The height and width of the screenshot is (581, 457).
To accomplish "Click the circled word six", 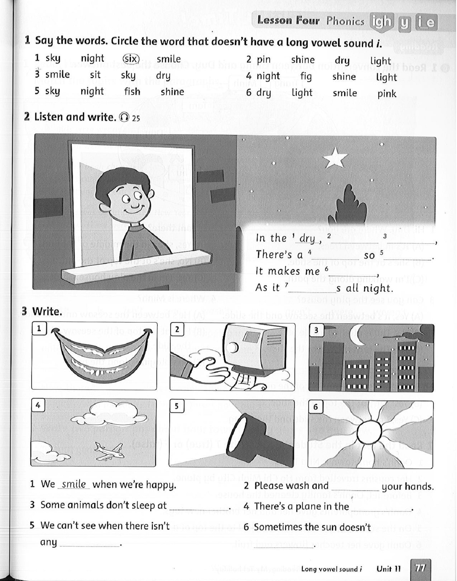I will pos(131,59).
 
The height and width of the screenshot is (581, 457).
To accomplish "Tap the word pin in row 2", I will pos(263,60).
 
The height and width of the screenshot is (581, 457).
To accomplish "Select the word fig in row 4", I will pos(305,76).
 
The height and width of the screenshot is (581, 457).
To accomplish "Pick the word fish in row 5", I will pos(132,92).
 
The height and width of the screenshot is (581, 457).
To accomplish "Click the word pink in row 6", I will pos(387,94).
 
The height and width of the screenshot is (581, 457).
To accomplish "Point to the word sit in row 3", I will pos(95,75).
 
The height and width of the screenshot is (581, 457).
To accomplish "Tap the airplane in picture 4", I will pos(109,451).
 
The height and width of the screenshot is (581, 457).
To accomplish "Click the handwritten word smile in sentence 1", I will pos(74,484).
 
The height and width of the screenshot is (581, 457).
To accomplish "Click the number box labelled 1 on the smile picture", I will pos(39,329).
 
